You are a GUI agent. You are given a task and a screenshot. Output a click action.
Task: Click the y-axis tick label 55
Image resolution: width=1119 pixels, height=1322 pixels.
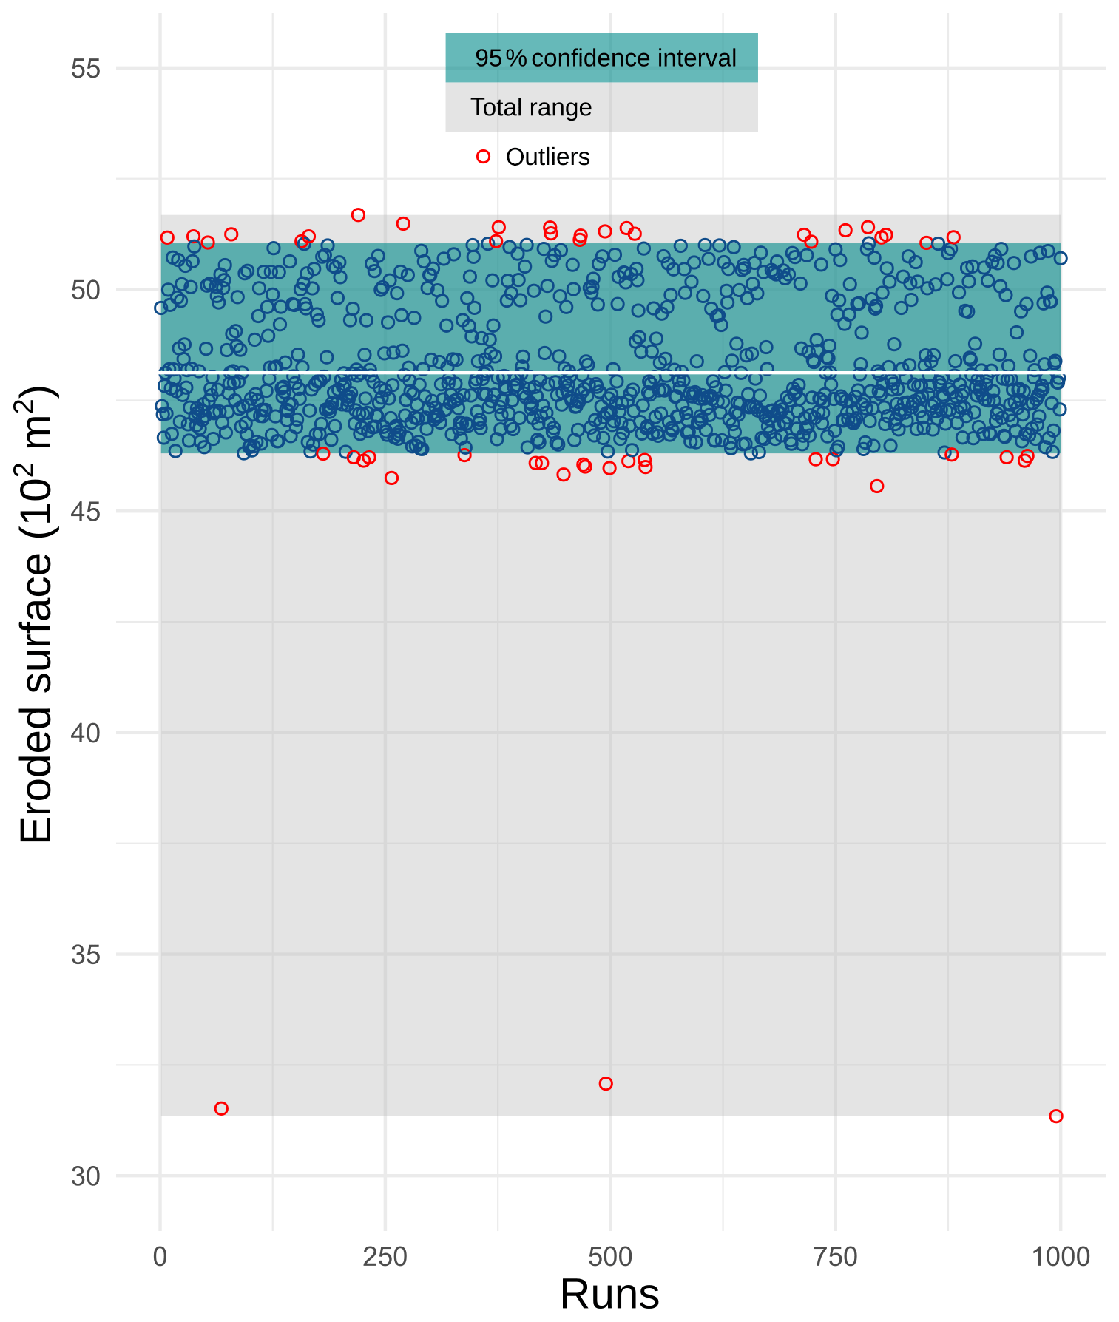click(85, 69)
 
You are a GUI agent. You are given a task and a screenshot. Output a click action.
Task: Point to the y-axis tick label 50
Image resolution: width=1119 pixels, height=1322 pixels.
click(85, 290)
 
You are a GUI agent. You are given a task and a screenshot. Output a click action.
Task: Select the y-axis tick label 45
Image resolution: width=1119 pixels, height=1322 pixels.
click(85, 512)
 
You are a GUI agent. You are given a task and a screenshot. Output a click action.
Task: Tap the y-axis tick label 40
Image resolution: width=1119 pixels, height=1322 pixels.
click(85, 733)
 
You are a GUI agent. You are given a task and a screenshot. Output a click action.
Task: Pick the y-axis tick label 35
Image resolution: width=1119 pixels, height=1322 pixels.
click(85, 955)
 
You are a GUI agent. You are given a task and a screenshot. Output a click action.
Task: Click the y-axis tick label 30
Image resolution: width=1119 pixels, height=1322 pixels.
click(85, 1176)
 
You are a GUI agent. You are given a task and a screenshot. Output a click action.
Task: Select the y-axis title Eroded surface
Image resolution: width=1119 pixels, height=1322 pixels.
click(37, 614)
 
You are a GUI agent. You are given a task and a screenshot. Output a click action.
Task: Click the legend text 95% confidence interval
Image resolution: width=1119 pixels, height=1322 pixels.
click(605, 58)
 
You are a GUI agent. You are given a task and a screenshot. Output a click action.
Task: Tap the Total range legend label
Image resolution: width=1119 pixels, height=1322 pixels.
click(531, 108)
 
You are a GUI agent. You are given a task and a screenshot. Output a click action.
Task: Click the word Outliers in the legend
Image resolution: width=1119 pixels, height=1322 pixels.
click(547, 157)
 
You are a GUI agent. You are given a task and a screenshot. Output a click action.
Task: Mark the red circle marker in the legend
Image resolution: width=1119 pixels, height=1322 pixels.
click(484, 156)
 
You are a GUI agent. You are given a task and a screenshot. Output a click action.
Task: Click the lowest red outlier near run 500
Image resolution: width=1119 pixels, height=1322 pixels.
click(606, 1084)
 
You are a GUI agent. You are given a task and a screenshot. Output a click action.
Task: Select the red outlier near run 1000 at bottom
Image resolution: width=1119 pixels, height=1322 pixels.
click(1056, 1116)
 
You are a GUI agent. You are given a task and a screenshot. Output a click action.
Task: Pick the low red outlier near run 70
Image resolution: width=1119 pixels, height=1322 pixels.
click(221, 1108)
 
